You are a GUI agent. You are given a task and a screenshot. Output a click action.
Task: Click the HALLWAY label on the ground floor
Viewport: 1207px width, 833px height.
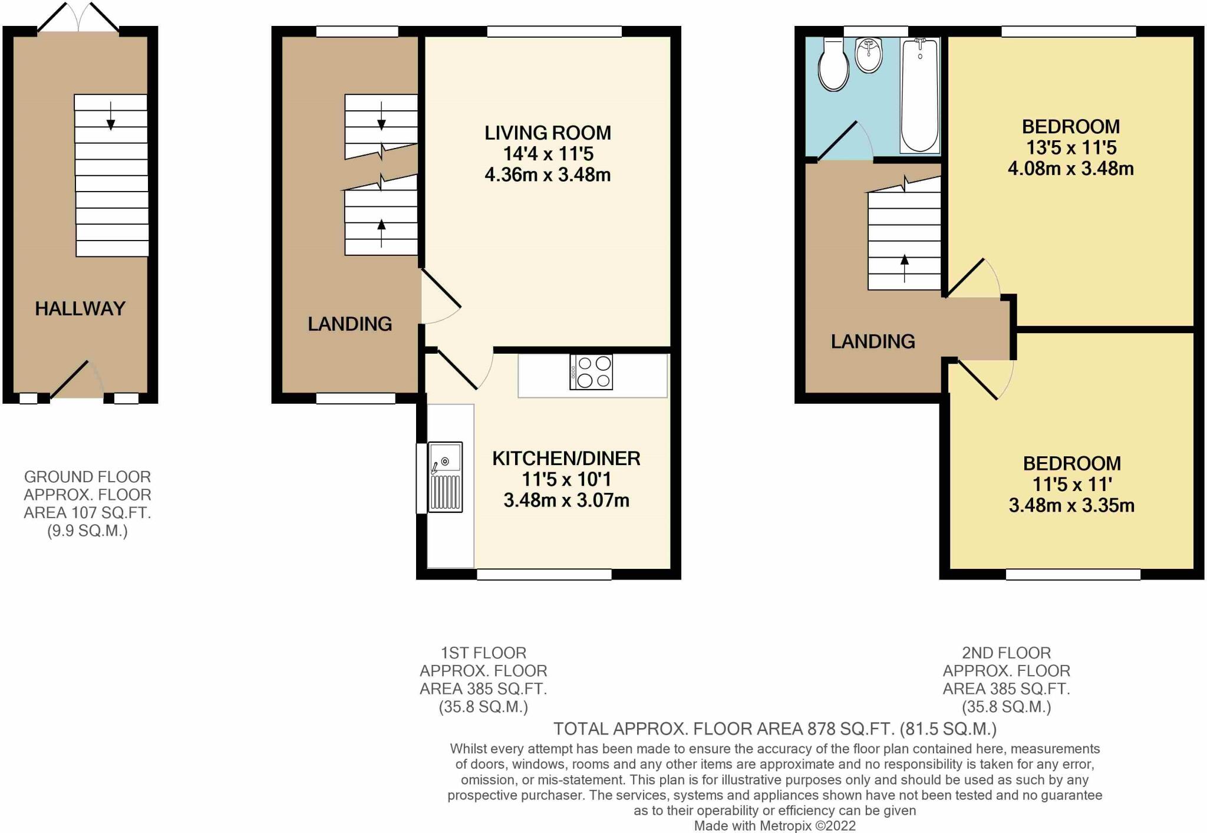[x=80, y=308]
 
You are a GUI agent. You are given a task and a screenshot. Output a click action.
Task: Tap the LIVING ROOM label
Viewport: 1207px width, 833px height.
[x=548, y=133]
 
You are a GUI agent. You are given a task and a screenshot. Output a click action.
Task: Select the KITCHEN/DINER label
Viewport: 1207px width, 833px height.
[x=566, y=458]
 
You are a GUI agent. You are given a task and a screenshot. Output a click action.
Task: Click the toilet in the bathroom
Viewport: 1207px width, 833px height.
[x=834, y=66]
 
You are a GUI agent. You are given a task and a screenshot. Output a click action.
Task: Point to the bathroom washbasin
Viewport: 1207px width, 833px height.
[x=868, y=55]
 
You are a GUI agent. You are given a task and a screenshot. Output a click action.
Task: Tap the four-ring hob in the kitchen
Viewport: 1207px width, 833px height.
[x=591, y=372]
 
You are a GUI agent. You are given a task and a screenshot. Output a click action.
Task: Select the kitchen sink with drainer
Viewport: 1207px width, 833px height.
[x=445, y=476]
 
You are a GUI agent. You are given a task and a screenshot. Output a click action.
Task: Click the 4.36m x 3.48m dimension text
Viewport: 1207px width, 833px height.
[x=548, y=175]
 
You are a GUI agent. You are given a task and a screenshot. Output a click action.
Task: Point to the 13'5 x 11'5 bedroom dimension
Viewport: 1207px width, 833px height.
[x=1070, y=147]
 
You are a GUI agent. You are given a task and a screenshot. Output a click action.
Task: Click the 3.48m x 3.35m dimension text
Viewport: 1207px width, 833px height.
[x=1071, y=505]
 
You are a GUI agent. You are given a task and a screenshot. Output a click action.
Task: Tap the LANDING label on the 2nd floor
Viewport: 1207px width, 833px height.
[x=873, y=341]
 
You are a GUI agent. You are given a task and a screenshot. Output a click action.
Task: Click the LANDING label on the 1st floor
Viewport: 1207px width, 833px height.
[x=349, y=324]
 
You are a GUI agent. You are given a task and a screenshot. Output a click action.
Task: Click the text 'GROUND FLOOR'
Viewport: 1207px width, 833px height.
[x=87, y=476]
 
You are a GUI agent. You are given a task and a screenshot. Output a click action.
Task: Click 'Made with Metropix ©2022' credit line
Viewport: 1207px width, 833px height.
[x=774, y=826]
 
